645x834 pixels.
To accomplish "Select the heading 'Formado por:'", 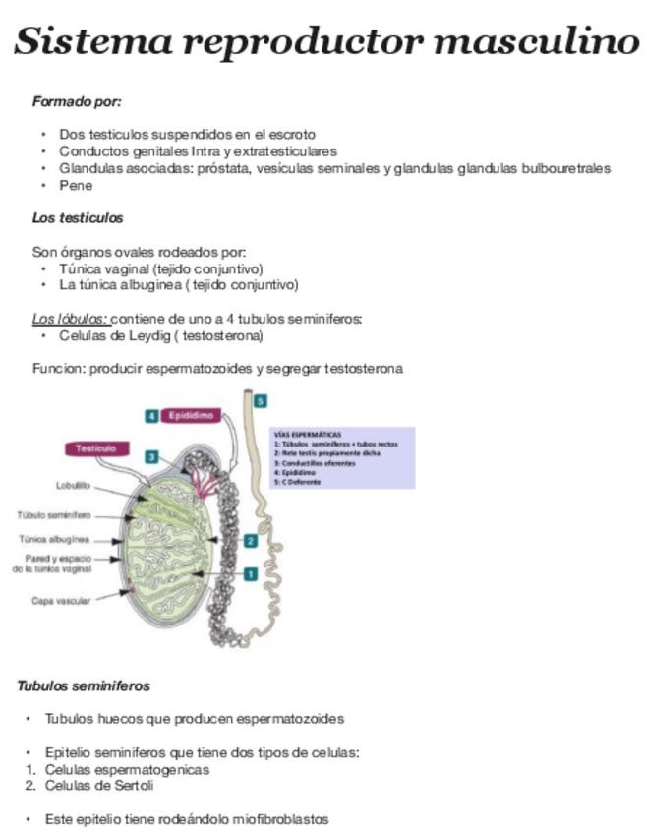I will (x=76, y=101).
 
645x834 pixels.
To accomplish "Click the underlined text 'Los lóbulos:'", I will (x=70, y=319).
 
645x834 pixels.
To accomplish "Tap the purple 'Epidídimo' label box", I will (x=192, y=416).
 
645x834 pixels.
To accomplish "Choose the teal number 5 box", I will (x=260, y=401).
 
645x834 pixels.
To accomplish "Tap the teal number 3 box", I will (x=151, y=456).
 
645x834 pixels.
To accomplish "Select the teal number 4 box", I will (x=151, y=416).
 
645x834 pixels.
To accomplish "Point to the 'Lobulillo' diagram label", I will (x=73, y=485).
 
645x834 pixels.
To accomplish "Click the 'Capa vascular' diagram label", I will (x=62, y=600).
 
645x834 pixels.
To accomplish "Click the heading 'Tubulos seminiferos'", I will (x=84, y=686).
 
